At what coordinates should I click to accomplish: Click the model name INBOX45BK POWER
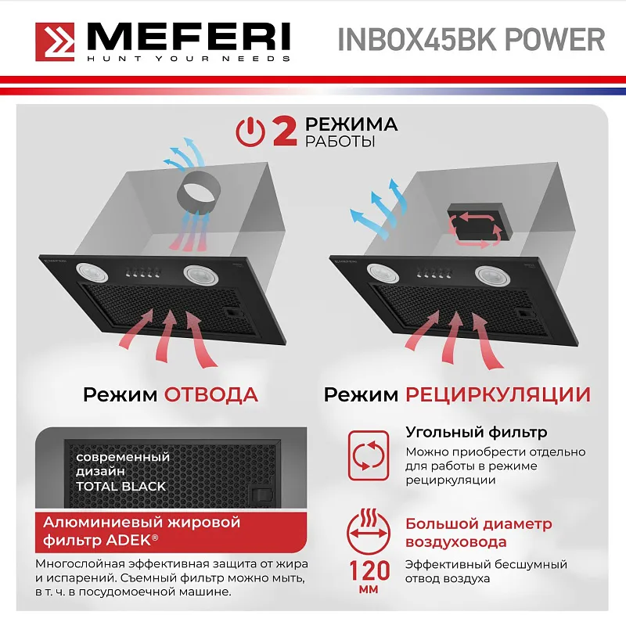tap(471, 40)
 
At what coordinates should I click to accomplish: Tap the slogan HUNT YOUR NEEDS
tap(187, 59)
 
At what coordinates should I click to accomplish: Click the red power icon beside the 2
tap(250, 131)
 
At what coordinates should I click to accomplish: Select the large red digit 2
tap(283, 131)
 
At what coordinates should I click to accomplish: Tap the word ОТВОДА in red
tap(210, 394)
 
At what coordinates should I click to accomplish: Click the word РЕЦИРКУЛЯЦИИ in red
tap(498, 394)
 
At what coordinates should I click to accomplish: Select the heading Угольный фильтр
tap(476, 433)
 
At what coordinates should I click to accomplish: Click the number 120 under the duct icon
tap(366, 567)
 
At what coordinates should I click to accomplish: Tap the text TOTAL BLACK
tap(121, 486)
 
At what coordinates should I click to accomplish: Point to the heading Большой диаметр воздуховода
tap(478, 533)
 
